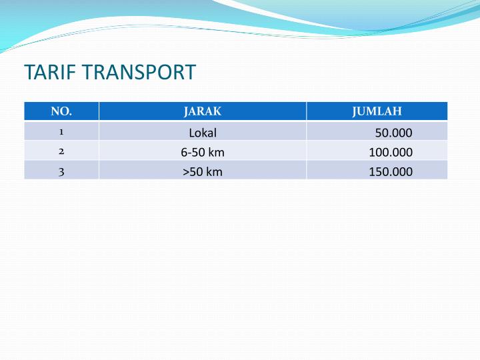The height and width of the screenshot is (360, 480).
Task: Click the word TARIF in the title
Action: tap(50, 72)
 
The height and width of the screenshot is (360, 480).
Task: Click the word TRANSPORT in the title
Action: tap(139, 72)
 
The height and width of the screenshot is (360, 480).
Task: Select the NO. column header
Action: tap(61, 111)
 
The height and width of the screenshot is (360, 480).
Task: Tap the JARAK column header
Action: tap(203, 111)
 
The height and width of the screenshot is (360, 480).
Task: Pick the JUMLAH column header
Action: tap(377, 111)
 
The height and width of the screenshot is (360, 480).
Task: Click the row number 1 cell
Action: tap(61, 132)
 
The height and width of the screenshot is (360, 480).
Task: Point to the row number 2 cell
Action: tap(61, 151)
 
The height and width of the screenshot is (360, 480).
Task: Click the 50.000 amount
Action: tap(394, 133)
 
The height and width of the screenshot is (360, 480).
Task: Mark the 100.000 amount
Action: tap(391, 152)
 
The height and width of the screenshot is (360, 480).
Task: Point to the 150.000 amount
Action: tap(391, 172)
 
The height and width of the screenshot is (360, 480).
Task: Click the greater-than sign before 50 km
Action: tap(186, 172)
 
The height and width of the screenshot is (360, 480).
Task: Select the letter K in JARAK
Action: tap(217, 111)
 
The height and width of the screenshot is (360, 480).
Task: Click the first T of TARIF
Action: tap(29, 72)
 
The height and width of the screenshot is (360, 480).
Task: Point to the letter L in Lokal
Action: tap(191, 133)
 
